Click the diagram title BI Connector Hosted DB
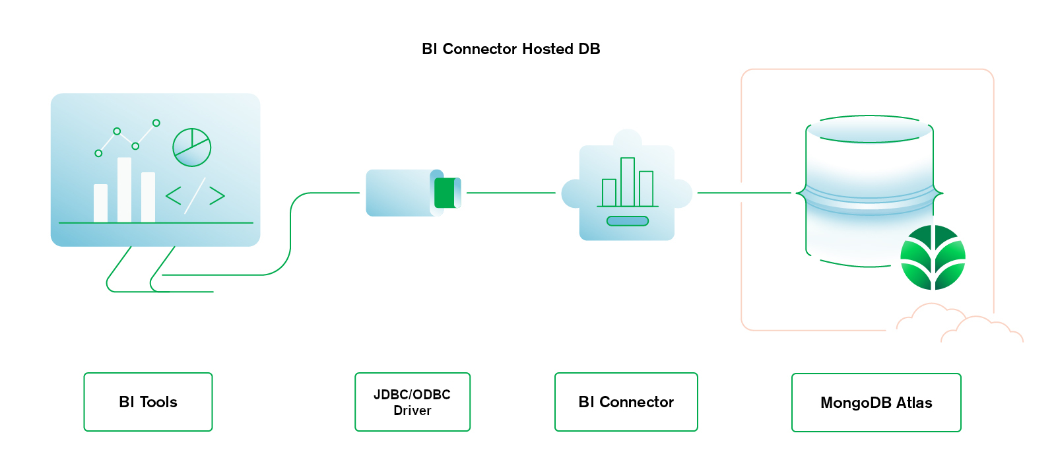click(x=511, y=49)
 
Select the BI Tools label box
click(x=148, y=402)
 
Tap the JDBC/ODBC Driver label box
click(x=412, y=402)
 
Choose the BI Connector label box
click(x=626, y=402)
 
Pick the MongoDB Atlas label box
click(x=876, y=403)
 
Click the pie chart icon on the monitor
click(x=191, y=147)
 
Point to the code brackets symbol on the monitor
click(x=195, y=195)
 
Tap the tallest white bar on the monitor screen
click(x=124, y=189)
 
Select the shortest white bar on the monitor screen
click(x=100, y=203)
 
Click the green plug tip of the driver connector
click(x=445, y=193)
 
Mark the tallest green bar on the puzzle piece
click(x=628, y=182)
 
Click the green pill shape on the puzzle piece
click(x=628, y=221)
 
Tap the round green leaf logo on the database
click(x=933, y=257)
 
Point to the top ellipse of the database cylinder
click(x=869, y=129)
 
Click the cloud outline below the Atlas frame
click(x=957, y=323)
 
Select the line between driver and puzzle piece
click(x=511, y=193)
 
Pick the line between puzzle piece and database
click(x=744, y=193)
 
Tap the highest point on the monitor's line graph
click(x=156, y=123)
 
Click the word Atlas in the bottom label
click(x=914, y=403)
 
